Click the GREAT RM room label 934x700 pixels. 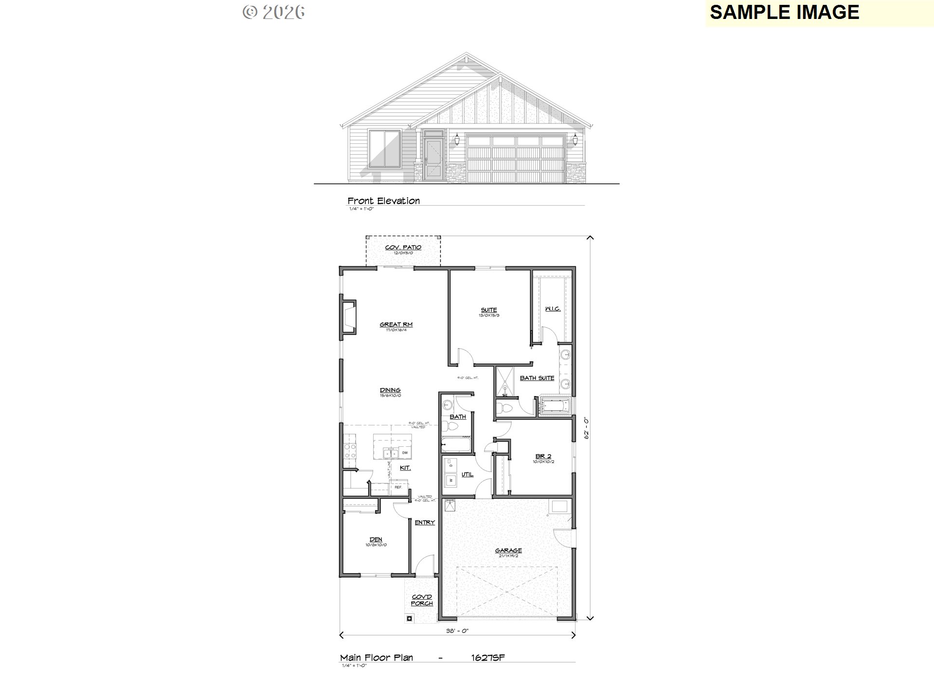point(396,324)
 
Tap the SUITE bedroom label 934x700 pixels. point(489,310)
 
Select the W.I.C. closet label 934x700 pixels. point(553,309)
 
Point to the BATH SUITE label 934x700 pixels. point(537,378)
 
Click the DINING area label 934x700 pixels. point(390,390)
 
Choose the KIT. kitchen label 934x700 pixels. point(405,468)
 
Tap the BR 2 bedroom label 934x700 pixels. point(543,456)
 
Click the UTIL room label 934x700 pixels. point(467,474)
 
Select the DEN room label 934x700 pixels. point(376,540)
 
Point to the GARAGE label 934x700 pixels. point(508,551)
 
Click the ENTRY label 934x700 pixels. point(425,523)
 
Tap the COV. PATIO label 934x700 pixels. point(403,247)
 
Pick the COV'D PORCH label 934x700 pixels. point(422,600)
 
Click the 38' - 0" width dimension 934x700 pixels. point(457,631)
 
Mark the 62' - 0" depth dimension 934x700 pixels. point(587,428)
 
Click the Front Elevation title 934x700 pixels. point(383,201)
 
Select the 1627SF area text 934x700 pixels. point(488,658)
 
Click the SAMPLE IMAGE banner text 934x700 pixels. point(784,13)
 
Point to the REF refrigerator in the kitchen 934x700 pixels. point(398,487)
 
